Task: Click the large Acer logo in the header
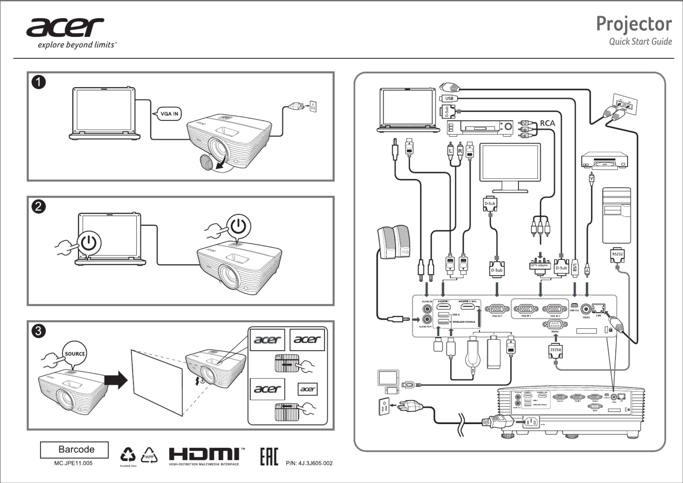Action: pos(65,27)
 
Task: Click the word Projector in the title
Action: pos(634,24)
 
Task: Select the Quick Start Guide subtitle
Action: pos(640,42)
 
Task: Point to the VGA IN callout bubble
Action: pos(169,114)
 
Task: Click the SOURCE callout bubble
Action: pos(75,354)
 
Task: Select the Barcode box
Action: pos(74,450)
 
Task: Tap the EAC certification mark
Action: pos(269,456)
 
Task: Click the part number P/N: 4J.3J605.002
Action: pos(309,463)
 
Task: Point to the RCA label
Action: pos(547,123)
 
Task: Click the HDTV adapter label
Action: pos(539,265)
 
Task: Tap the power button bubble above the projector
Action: pos(239,226)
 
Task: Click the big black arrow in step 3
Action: pos(116,380)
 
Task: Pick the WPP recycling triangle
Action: pos(149,456)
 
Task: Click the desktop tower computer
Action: pos(616,215)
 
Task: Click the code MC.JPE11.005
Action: pos(73,463)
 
